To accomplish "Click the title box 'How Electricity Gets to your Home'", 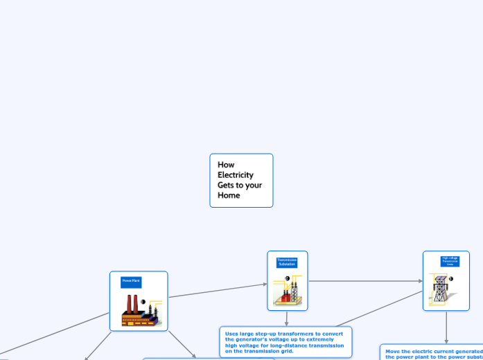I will click(241, 180).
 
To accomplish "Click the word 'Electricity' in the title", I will click(236, 174).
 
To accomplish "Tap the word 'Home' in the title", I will click(229, 195).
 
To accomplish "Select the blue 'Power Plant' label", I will click(131, 281).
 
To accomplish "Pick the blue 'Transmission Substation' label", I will click(286, 262).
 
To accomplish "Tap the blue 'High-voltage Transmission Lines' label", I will click(450, 261).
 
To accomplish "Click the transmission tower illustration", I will click(441, 291).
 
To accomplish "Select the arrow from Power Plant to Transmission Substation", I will click(218, 291).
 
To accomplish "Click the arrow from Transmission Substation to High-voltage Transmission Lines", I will click(365, 281).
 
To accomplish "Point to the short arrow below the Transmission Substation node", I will click(286, 318).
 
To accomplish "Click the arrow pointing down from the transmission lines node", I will click(446, 327).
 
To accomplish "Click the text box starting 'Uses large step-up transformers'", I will click(286, 342).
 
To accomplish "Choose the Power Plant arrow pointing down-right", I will click(182, 343).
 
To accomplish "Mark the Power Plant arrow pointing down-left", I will click(98, 345).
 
